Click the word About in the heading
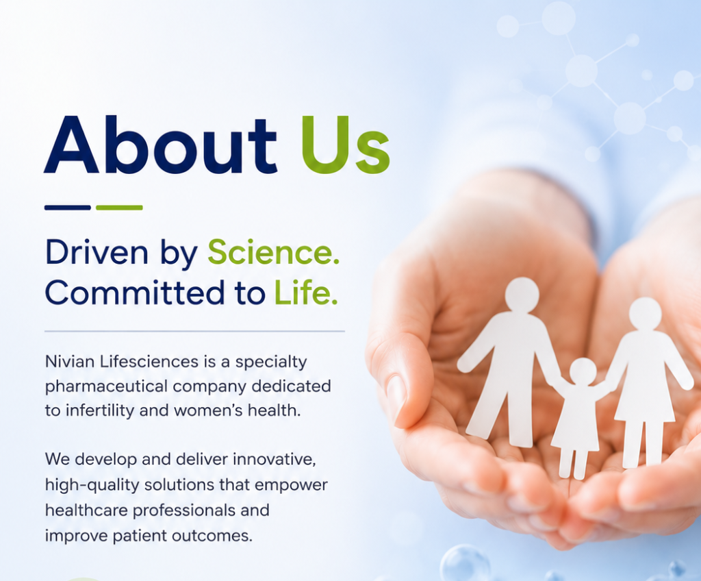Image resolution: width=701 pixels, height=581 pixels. [160, 144]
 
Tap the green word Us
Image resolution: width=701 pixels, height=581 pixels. [346, 145]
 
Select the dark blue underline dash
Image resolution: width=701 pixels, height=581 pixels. [68, 207]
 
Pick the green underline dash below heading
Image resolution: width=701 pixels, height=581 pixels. [119, 207]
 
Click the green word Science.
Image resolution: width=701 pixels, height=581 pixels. [273, 252]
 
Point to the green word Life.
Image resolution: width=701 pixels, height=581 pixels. [305, 293]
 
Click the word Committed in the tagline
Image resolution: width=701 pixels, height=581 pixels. [135, 293]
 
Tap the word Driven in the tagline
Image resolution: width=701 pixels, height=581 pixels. [97, 252]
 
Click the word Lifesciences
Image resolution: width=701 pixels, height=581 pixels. [149, 361]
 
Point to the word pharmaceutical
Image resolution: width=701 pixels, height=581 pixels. [106, 386]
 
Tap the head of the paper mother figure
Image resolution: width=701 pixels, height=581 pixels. [645, 313]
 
